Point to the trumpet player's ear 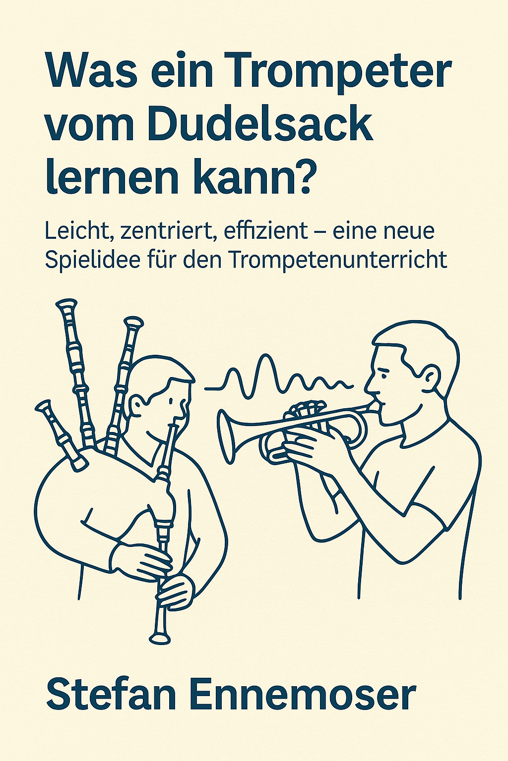pyautogui.click(x=430, y=378)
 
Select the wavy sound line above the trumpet pyautogui.click(x=279, y=377)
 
